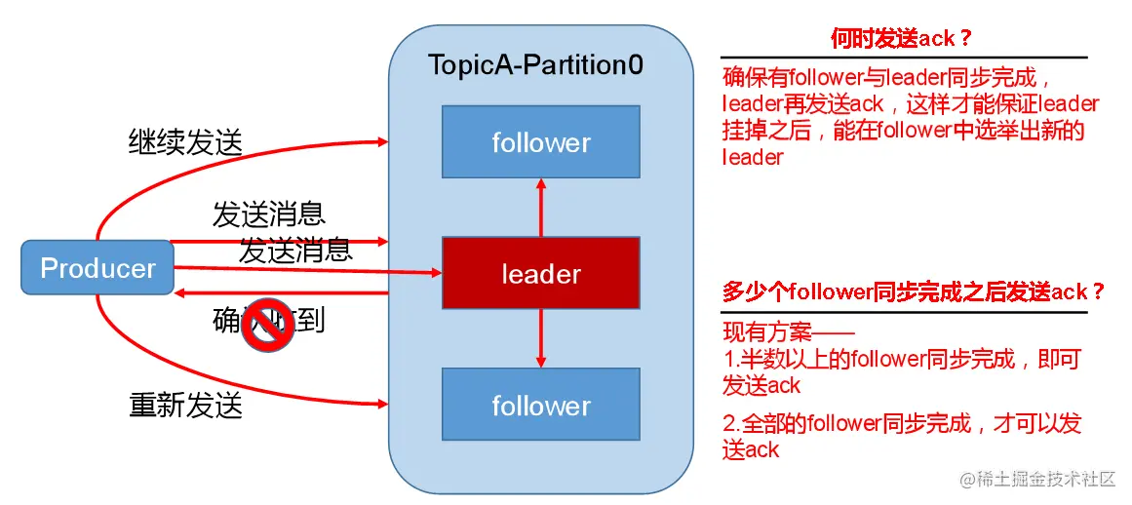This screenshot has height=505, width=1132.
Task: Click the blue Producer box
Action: (x=98, y=268)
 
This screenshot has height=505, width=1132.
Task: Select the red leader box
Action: (x=541, y=274)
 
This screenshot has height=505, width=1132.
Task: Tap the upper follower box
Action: (x=541, y=142)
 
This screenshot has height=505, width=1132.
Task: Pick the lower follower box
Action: (x=541, y=406)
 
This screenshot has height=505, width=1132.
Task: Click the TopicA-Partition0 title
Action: (x=536, y=66)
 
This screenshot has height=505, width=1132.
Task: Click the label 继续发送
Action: (x=185, y=142)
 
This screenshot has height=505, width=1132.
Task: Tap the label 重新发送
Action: (x=185, y=404)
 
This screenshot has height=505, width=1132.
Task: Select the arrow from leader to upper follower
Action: (x=541, y=207)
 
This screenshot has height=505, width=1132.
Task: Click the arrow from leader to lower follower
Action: (x=541, y=339)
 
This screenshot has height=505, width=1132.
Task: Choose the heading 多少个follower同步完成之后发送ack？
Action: (x=914, y=291)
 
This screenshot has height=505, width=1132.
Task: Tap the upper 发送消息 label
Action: (x=268, y=213)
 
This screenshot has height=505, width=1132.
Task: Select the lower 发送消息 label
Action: (x=295, y=251)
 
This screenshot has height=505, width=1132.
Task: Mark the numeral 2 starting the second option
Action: (x=729, y=423)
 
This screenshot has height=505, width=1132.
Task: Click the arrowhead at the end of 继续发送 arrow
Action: (x=382, y=142)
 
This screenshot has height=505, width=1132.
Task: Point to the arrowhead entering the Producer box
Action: (x=179, y=292)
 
